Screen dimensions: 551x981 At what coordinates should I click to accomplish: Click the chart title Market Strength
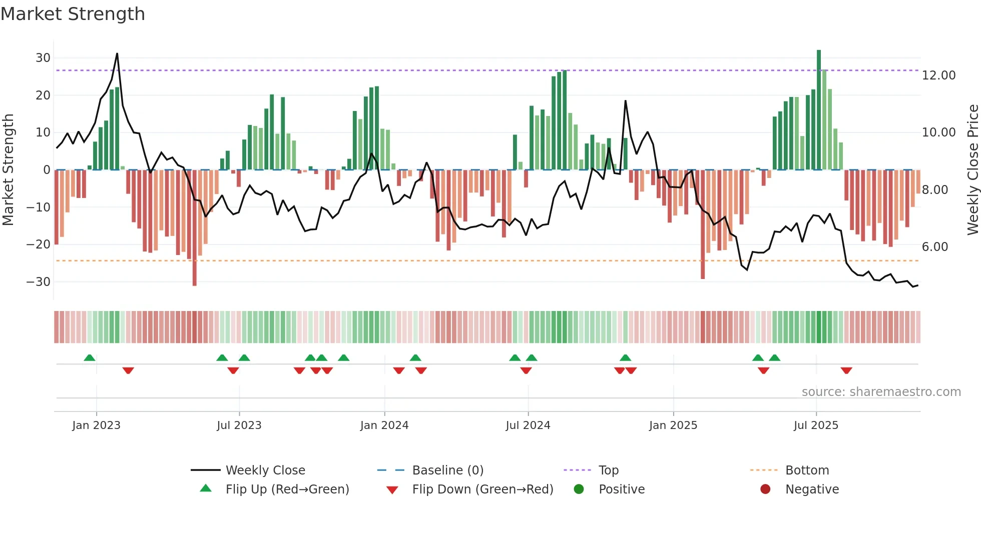(73, 14)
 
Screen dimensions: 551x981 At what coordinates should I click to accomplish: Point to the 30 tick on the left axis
(43, 57)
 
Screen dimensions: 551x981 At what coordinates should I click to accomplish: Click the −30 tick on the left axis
(39, 281)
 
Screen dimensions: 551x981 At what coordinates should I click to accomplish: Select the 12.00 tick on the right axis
(938, 75)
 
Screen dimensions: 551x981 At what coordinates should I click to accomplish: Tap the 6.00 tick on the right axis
(934, 247)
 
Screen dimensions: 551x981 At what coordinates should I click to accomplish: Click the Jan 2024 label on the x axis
(384, 425)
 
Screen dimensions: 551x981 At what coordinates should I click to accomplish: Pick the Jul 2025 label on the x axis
(815, 425)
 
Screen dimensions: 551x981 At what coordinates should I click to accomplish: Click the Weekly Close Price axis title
(972, 170)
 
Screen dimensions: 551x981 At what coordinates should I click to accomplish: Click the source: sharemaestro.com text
(881, 392)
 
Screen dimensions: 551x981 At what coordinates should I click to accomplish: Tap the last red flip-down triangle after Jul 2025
(846, 370)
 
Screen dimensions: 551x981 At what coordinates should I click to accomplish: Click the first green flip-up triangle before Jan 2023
(90, 358)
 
